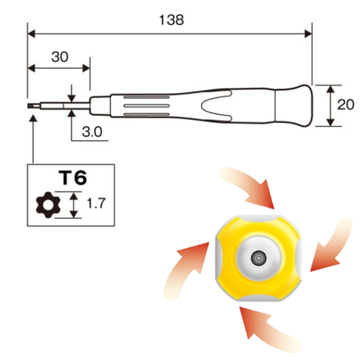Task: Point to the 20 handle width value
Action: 346,105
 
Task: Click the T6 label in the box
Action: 73,178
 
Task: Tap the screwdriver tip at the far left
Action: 31,106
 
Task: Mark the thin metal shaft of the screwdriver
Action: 64,106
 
